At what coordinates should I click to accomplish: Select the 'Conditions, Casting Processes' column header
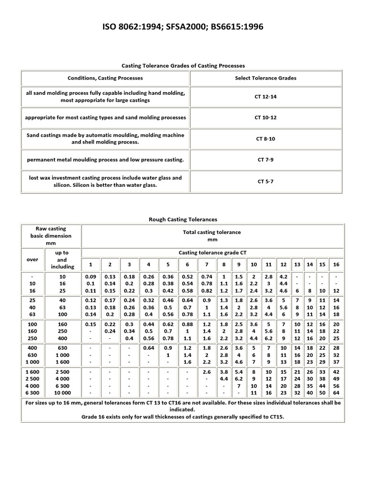pyautogui.click(x=105, y=78)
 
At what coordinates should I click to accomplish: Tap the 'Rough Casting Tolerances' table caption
pyautogui.click(x=183, y=219)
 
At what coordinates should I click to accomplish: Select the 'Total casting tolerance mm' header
pyautogui.click(x=212, y=235)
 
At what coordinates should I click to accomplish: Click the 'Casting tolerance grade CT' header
pyautogui.click(x=212, y=253)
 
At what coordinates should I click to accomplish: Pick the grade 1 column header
pyautogui.click(x=90, y=264)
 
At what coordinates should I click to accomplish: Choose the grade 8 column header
pyautogui.click(x=224, y=264)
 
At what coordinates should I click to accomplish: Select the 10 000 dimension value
pyautogui.click(x=62, y=393)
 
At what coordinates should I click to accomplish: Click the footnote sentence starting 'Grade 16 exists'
pyautogui.click(x=183, y=417)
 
